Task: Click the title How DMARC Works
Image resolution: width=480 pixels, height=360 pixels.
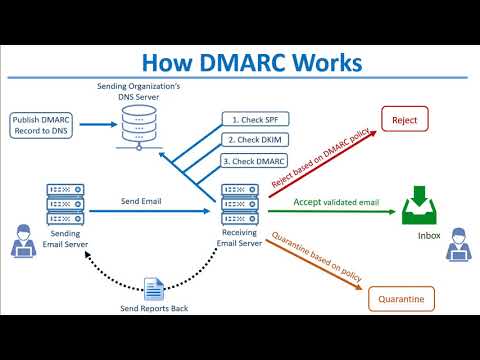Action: (240, 62)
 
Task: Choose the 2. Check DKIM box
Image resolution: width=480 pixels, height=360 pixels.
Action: (253, 139)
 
